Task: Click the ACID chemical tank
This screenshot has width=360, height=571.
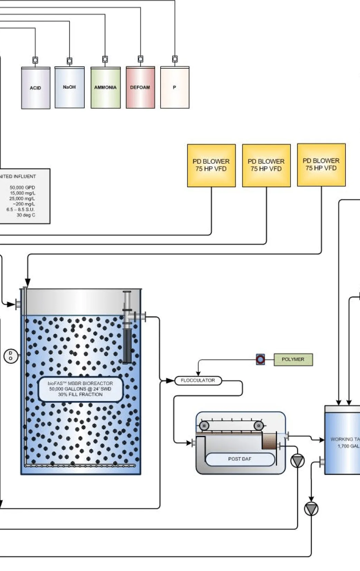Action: [x=36, y=88]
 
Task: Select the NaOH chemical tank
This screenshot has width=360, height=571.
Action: [x=69, y=87]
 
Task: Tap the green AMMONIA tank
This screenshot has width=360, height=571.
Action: [x=105, y=88]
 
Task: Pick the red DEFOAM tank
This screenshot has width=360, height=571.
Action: [x=140, y=88]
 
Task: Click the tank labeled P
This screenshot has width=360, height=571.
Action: [x=174, y=88]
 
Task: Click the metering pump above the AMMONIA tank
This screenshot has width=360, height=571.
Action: [x=105, y=59]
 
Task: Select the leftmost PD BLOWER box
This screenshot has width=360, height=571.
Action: [x=211, y=165]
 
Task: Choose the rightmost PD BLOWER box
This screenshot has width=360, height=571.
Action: [x=321, y=165]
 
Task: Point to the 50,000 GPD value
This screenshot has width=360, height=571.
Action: [x=22, y=187]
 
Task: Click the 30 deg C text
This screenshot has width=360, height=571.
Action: [x=26, y=215]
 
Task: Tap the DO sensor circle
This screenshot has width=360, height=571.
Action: [x=10, y=356]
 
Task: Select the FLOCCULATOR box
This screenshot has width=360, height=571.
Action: [x=198, y=380]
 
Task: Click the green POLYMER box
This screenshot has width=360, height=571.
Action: [x=293, y=359]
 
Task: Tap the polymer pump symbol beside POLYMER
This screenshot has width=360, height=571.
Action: [x=260, y=359]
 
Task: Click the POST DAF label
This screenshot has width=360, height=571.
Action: [x=240, y=459]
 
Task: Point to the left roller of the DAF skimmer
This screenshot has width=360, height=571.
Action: [x=204, y=426]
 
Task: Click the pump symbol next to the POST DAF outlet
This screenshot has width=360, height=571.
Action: [x=297, y=461]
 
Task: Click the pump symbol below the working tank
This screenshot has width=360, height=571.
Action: [x=311, y=509]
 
